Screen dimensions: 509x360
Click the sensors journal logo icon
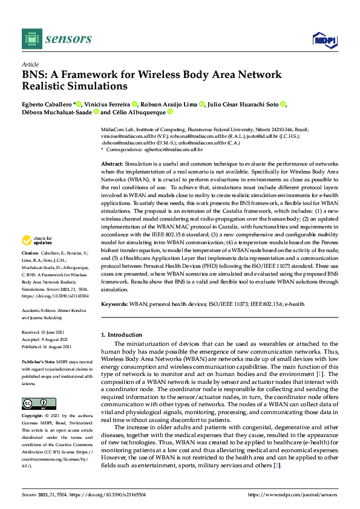coord(31,39)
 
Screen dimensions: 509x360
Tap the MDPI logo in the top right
coord(323,39)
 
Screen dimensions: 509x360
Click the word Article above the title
coord(30,64)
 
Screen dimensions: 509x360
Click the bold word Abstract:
coord(113,164)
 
